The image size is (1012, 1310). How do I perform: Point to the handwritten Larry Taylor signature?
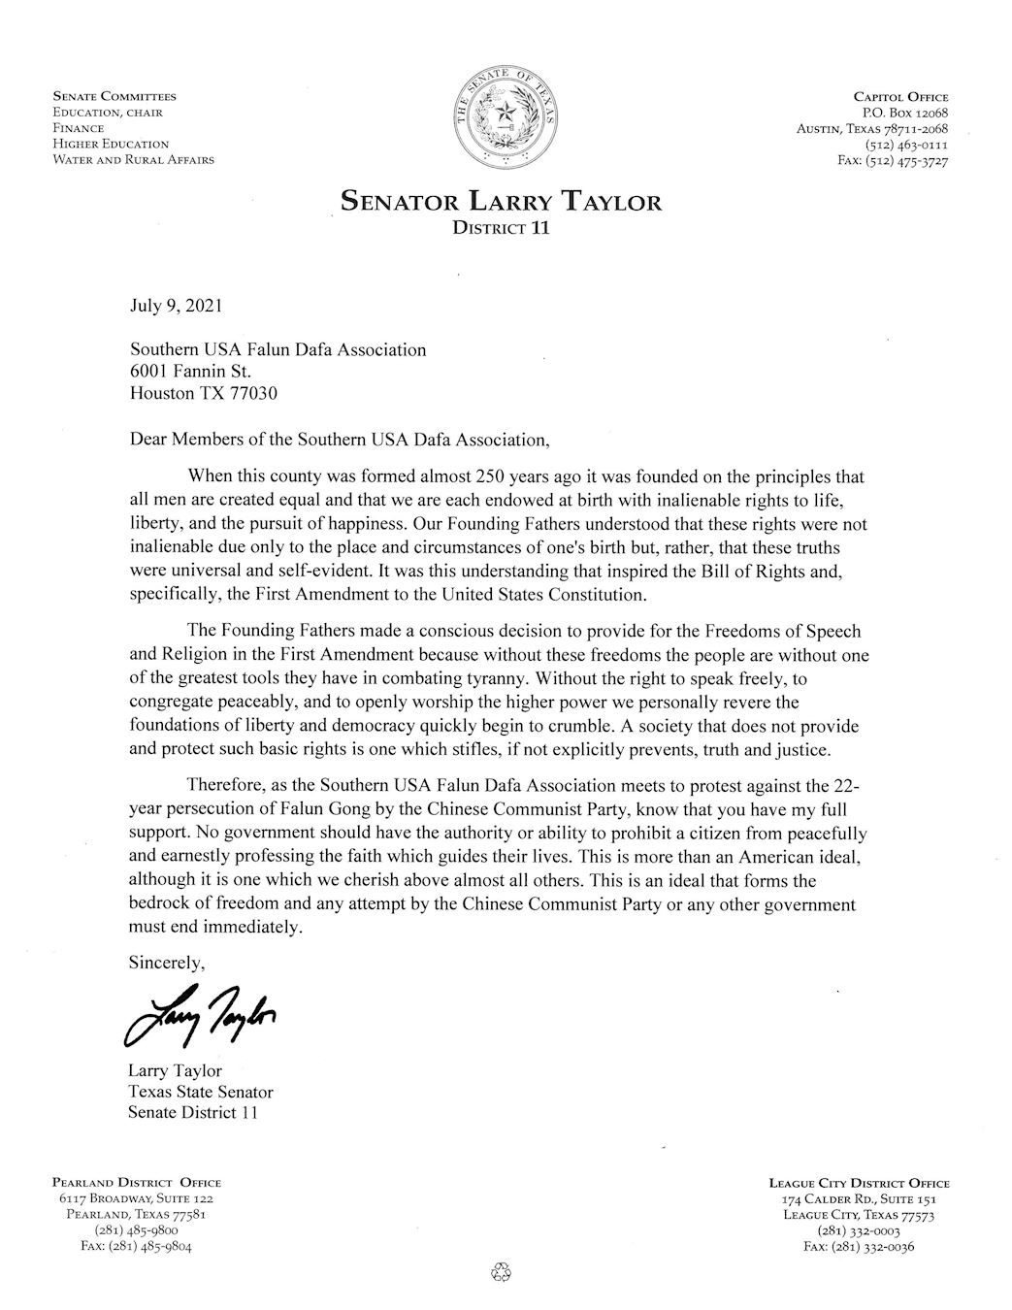click(x=201, y=1014)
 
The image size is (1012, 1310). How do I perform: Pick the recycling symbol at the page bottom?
click(x=501, y=1271)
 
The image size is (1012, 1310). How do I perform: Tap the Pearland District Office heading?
click(x=136, y=1183)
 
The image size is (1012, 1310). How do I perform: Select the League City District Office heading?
click(x=859, y=1183)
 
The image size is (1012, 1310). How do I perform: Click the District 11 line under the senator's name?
click(x=501, y=230)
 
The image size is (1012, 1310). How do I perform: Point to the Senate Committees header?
click(x=114, y=97)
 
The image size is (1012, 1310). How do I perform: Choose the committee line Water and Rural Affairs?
click(x=134, y=159)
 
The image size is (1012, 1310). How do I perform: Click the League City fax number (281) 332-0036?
click(x=859, y=1247)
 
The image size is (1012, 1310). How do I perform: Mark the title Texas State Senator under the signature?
click(x=200, y=1092)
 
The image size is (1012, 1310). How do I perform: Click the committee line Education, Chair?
click(x=108, y=113)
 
